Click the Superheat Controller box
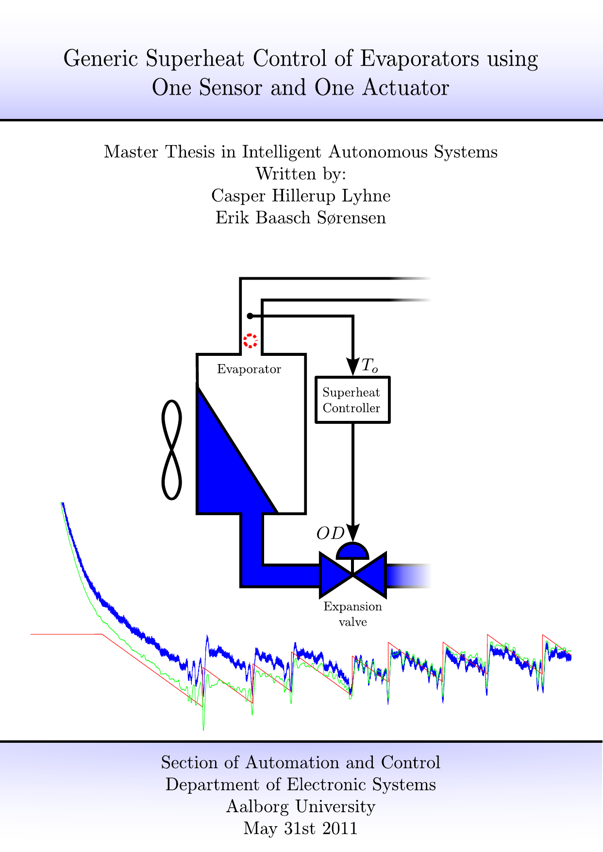point(352,400)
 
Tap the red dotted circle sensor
point(251,341)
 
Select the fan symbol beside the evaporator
point(171,450)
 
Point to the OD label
point(330,534)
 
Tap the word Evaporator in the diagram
point(249,369)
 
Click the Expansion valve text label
point(353,614)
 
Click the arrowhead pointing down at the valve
point(353,533)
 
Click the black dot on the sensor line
point(250,316)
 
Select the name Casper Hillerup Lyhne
point(301,196)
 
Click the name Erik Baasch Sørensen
point(301,217)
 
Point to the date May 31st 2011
point(301,828)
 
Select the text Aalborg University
point(301,806)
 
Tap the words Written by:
point(301,174)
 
